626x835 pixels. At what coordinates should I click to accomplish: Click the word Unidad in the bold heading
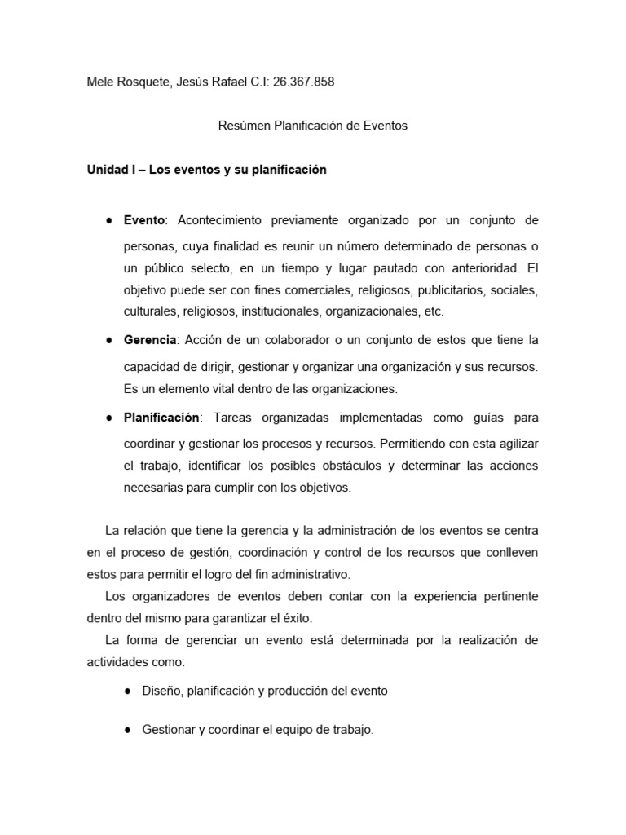coord(106,170)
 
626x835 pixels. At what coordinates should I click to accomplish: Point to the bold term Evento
coord(144,220)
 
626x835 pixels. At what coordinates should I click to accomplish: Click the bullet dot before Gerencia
coord(108,339)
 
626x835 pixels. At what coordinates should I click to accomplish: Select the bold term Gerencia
coord(150,339)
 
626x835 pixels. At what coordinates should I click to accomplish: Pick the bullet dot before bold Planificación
coord(108,417)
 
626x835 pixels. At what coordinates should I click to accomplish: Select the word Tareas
coord(236,417)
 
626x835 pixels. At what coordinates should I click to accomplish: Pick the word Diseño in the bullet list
coord(161,690)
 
